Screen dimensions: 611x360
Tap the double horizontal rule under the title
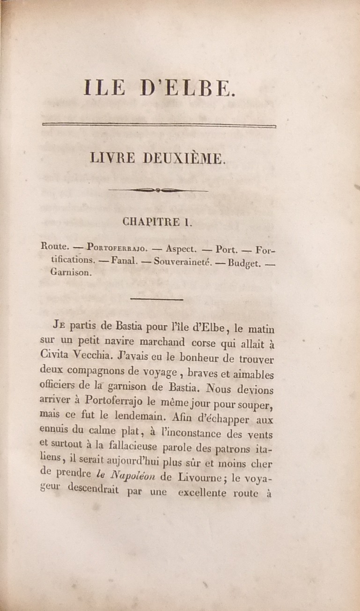tap(159, 124)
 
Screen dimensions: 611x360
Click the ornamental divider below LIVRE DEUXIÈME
tap(158, 190)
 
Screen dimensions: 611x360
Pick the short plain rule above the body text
tap(158, 298)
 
